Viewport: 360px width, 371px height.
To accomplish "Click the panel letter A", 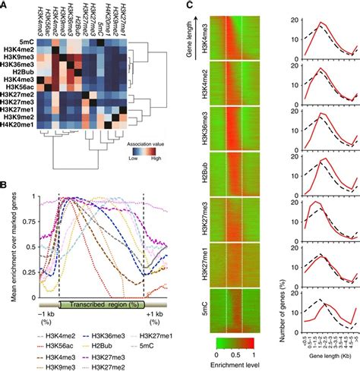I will [5, 6].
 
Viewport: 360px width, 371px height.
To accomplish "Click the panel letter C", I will [190, 6].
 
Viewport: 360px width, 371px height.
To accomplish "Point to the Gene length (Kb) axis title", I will [313, 365].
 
